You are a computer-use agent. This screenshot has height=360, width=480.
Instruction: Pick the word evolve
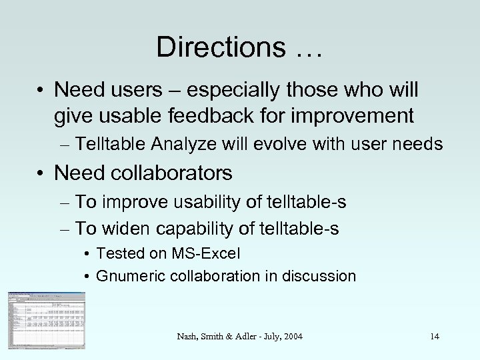(281, 145)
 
